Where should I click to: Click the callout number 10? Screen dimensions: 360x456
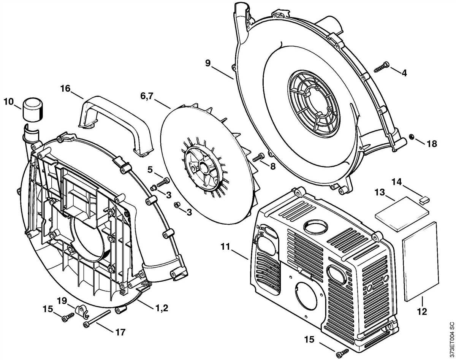8,102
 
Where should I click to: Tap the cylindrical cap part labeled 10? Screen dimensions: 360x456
33,109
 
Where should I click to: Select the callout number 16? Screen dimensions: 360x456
65,89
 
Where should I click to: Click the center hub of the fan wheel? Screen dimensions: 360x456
200,167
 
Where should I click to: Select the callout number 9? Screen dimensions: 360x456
207,63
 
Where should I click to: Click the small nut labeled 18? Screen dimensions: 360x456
411,136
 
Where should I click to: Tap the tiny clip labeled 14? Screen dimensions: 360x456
424,198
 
